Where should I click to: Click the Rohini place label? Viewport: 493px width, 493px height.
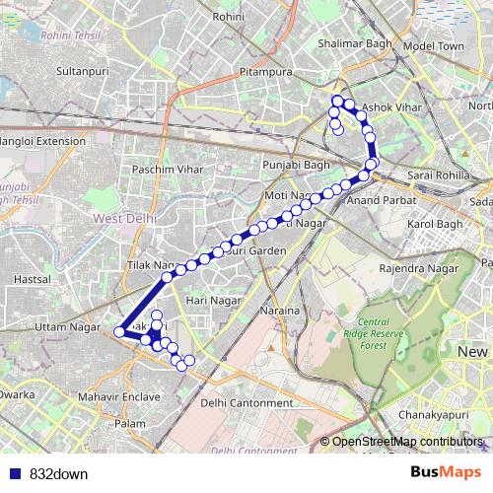pos(228,17)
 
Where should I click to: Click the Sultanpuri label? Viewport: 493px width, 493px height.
pos(82,72)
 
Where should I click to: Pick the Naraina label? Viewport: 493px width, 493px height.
pos(280,312)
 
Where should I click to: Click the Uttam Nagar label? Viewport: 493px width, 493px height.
pos(62,325)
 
